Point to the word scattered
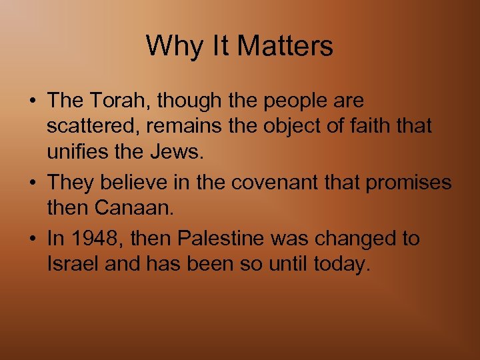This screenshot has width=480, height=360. point(85,125)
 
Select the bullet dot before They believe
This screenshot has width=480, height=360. point(33,183)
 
